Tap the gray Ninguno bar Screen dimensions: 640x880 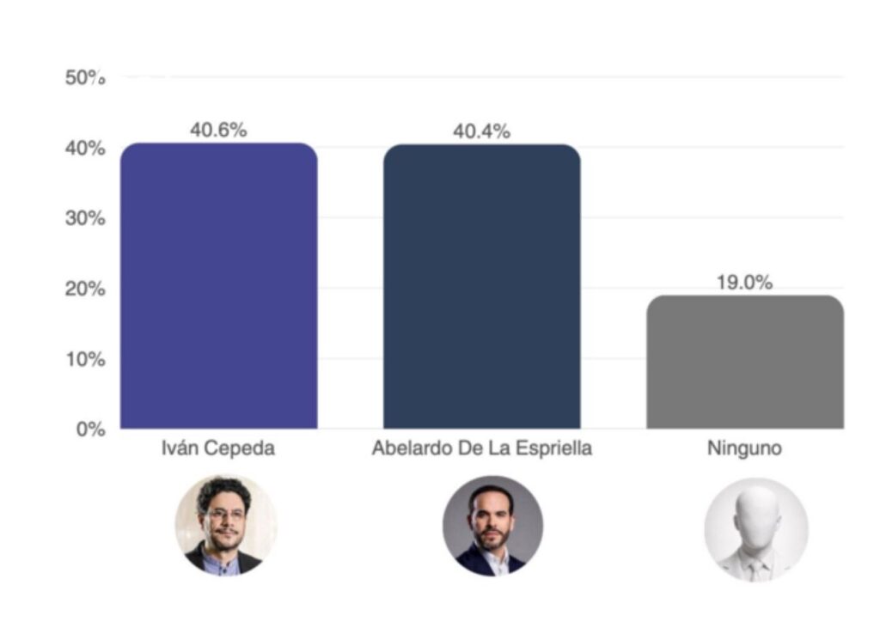coord(744,362)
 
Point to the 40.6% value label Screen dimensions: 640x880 coord(218,131)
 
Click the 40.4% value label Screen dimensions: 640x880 coord(481,131)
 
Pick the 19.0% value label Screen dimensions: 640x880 coord(744,283)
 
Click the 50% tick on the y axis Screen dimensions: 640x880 coord(85,78)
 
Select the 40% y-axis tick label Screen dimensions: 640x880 coord(85,149)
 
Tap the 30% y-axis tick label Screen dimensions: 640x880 coord(85,218)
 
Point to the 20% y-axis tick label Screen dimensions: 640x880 coord(85,289)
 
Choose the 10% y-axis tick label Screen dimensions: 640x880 coord(85,359)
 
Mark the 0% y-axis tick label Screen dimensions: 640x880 coord(89,429)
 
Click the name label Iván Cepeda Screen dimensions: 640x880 coord(218,449)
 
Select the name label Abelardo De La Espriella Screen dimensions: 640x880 coord(481,449)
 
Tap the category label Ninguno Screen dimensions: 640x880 coord(744,449)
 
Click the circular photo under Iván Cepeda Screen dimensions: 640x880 coord(226,524)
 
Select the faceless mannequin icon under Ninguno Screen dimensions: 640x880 coord(756,528)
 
